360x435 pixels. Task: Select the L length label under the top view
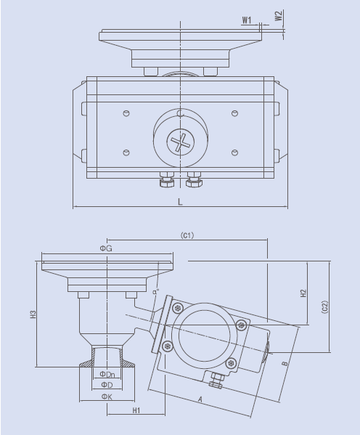tap(180, 202)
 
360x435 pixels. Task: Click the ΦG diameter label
tap(106, 248)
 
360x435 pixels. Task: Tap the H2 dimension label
tap(303, 293)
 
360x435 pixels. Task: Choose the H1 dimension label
tap(136, 411)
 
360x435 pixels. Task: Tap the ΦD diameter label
tap(106, 384)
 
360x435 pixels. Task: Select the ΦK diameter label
tap(106, 397)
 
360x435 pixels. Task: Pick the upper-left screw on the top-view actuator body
tap(127, 113)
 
